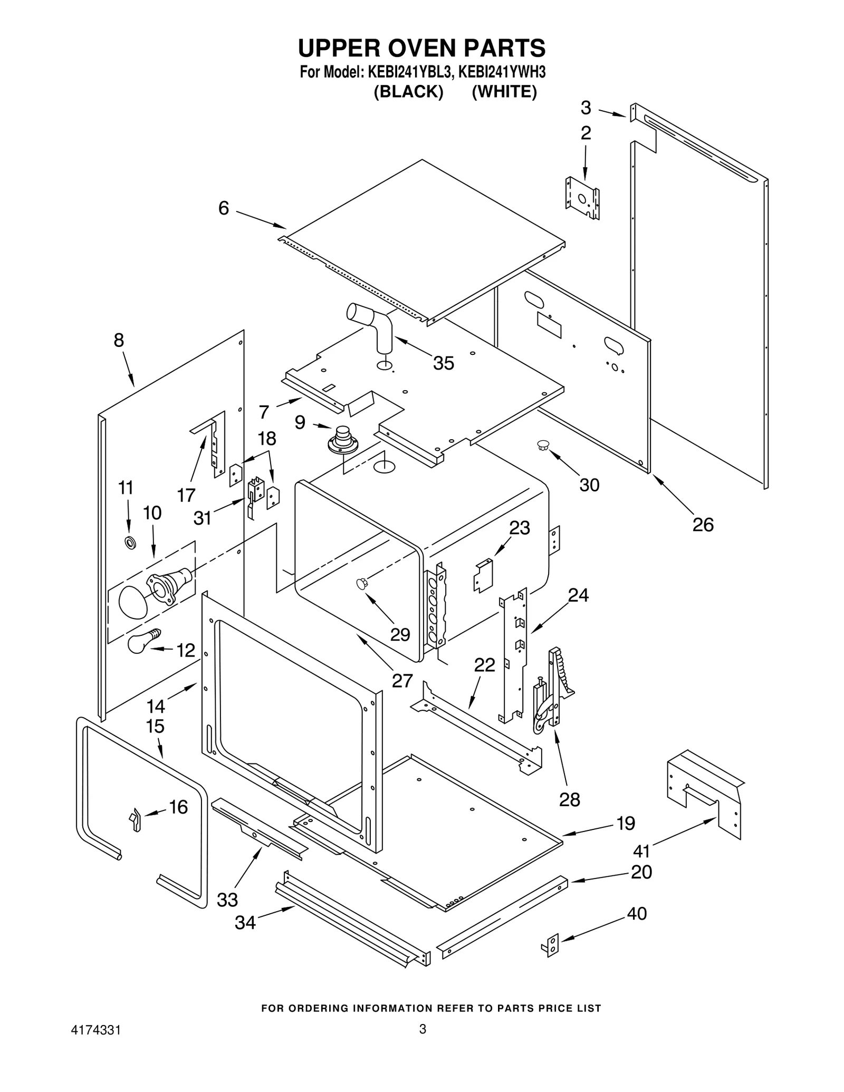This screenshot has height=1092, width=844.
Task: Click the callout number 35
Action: click(x=443, y=363)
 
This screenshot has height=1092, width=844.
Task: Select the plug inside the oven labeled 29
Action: click(x=361, y=583)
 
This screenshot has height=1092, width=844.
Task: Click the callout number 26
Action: click(x=703, y=525)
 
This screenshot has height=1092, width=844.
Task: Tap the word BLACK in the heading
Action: click(x=408, y=92)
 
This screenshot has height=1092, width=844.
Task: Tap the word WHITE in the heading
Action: click(x=504, y=92)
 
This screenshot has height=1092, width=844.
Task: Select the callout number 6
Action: click(x=224, y=208)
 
